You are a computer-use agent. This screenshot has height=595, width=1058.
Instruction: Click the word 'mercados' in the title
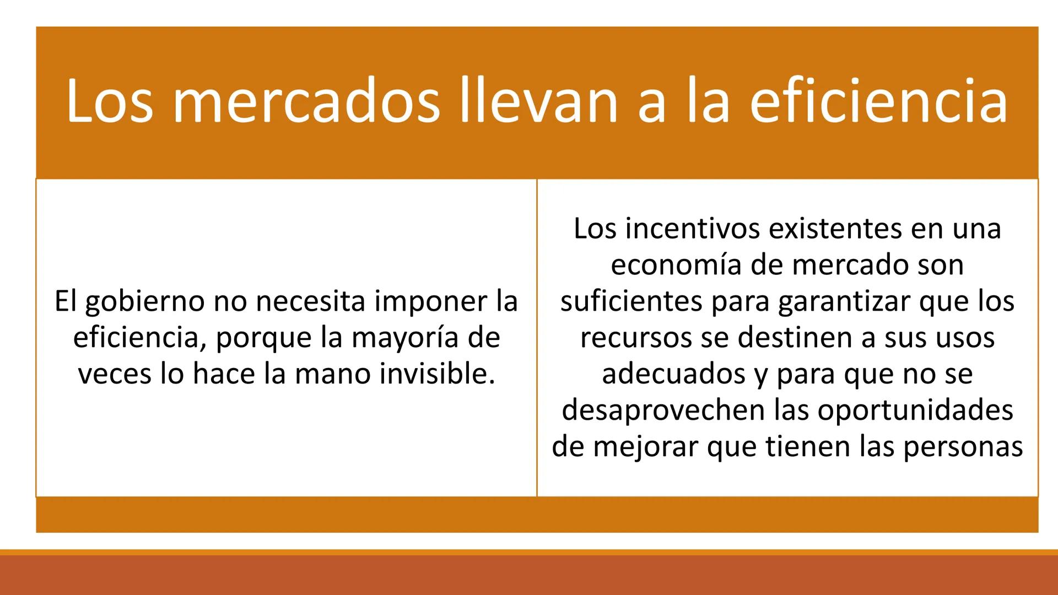[306, 102]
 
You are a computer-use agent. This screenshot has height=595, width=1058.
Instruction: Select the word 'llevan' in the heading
[539, 102]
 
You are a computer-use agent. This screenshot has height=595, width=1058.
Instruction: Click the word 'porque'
[264, 338]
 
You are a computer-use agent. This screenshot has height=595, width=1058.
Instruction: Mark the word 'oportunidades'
[915, 410]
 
